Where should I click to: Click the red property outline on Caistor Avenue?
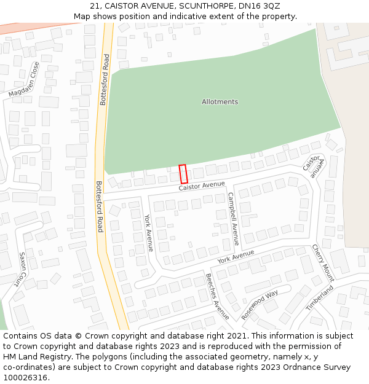[x=183, y=174]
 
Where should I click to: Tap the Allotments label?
[x=220, y=102]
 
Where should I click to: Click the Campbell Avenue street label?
[x=233, y=219]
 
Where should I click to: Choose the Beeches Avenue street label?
[x=217, y=297]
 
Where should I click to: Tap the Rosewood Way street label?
[x=259, y=305]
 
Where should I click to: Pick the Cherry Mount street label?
[x=323, y=262]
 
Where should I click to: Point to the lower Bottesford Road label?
[x=99, y=206]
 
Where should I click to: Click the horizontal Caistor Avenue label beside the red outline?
[x=202, y=186]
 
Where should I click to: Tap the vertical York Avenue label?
[x=148, y=233]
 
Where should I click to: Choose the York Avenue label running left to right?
[x=236, y=256]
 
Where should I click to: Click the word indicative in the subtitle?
[x=202, y=17]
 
